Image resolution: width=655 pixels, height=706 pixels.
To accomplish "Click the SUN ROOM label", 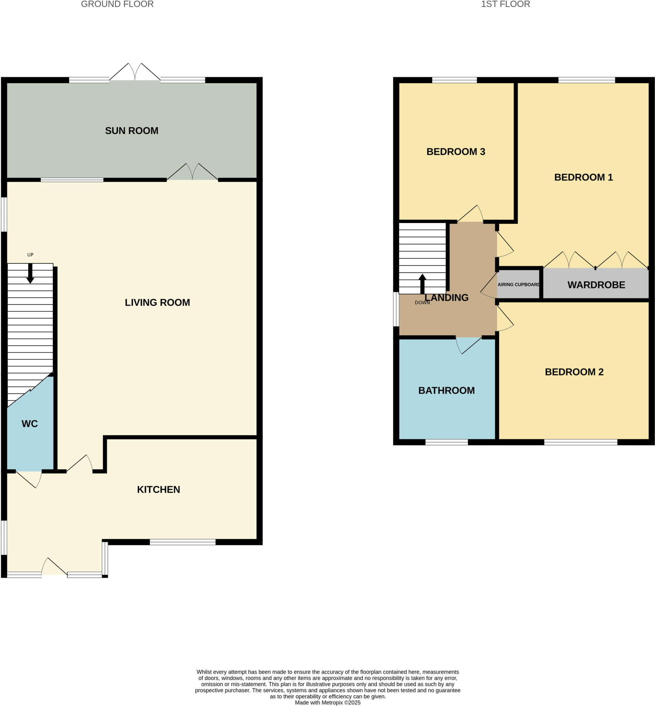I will click(x=132, y=131).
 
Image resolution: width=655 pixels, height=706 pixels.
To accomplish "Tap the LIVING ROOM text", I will click(x=157, y=302).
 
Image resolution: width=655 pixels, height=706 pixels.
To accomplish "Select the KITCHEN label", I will click(x=158, y=489).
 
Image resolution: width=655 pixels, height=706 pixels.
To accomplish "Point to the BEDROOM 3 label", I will click(x=456, y=151).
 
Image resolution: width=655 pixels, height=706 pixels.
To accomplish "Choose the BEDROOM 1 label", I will click(x=583, y=177).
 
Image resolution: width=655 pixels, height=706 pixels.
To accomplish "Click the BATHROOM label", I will click(x=446, y=390).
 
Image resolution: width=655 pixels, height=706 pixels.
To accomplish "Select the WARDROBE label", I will click(x=596, y=284).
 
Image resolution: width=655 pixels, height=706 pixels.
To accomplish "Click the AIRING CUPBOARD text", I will click(x=519, y=284).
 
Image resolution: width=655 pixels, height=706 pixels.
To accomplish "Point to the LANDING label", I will click(x=447, y=297).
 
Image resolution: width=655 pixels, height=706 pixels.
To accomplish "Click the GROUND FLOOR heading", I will click(x=117, y=4).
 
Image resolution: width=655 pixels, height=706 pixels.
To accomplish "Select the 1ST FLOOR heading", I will click(x=506, y=4).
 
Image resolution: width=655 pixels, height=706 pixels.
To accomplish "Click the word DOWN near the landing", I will click(x=422, y=303).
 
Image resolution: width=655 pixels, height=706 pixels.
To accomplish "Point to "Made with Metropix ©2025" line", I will click(x=327, y=703).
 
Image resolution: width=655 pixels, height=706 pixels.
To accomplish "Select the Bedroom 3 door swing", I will click(x=471, y=214).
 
